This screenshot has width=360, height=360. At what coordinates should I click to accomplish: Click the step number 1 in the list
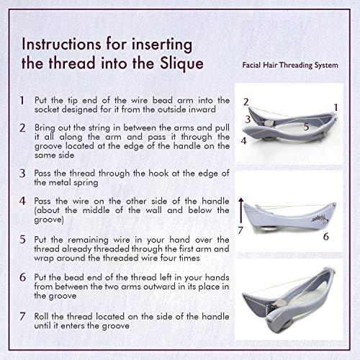(23, 101)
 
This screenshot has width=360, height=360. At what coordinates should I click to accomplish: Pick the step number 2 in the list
(23, 127)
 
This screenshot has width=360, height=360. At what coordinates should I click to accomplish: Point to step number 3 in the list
(23, 173)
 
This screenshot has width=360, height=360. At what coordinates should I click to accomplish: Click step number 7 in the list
(23, 315)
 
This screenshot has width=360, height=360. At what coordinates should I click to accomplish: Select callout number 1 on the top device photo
(335, 107)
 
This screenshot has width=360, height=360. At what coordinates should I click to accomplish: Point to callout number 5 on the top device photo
(285, 126)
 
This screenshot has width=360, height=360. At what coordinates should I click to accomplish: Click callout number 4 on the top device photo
(245, 140)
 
